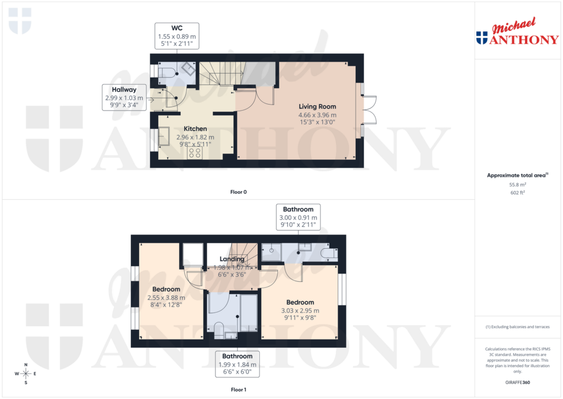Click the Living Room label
(x=317, y=106)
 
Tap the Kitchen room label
(x=195, y=129)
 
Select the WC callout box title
(x=176, y=28)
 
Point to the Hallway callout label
(x=124, y=89)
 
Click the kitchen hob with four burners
(x=195, y=152)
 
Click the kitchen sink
(x=164, y=135)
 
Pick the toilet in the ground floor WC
(x=167, y=72)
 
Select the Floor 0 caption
(x=239, y=192)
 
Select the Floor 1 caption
(x=239, y=390)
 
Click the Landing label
(x=232, y=259)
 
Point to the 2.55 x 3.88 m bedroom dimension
(x=166, y=298)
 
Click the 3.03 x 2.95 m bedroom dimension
(x=300, y=310)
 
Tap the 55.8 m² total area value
(x=518, y=186)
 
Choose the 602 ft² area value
(x=518, y=193)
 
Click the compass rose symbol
(x=25, y=374)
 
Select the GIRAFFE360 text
(x=518, y=382)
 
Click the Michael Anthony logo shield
(x=482, y=38)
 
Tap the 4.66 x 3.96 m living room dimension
(x=317, y=115)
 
